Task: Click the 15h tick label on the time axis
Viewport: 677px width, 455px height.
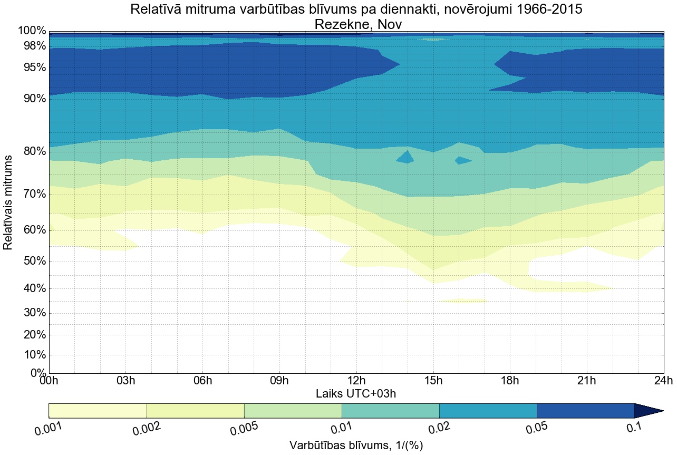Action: (433, 381)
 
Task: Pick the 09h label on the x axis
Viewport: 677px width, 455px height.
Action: (279, 381)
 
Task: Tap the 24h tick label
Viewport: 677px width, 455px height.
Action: (663, 381)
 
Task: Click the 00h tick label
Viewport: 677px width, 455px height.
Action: (49, 381)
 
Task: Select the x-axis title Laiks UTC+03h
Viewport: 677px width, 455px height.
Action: (356, 393)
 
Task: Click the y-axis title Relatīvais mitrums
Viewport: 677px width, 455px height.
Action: (8, 202)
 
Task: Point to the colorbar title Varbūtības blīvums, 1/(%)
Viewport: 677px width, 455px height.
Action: (356, 446)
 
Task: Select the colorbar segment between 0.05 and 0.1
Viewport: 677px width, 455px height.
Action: (585, 411)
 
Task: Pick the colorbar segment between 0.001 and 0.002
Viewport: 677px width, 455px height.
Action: (98, 411)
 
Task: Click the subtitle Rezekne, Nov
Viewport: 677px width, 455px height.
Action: (359, 24)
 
